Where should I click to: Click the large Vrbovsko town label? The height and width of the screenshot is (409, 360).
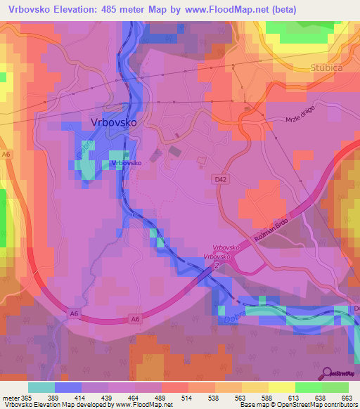[x=114, y=122]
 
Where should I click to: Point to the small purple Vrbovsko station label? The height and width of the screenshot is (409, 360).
[x=127, y=163]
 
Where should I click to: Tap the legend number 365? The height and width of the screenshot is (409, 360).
[x=27, y=397]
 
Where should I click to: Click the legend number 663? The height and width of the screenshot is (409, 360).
[x=347, y=397]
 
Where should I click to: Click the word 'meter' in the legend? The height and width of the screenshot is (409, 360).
[x=11, y=397]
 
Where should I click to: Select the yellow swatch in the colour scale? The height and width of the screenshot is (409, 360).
[x=282, y=387]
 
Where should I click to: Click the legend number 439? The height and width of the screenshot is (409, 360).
[x=108, y=397]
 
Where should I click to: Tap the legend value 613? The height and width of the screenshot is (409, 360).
[x=295, y=397]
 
